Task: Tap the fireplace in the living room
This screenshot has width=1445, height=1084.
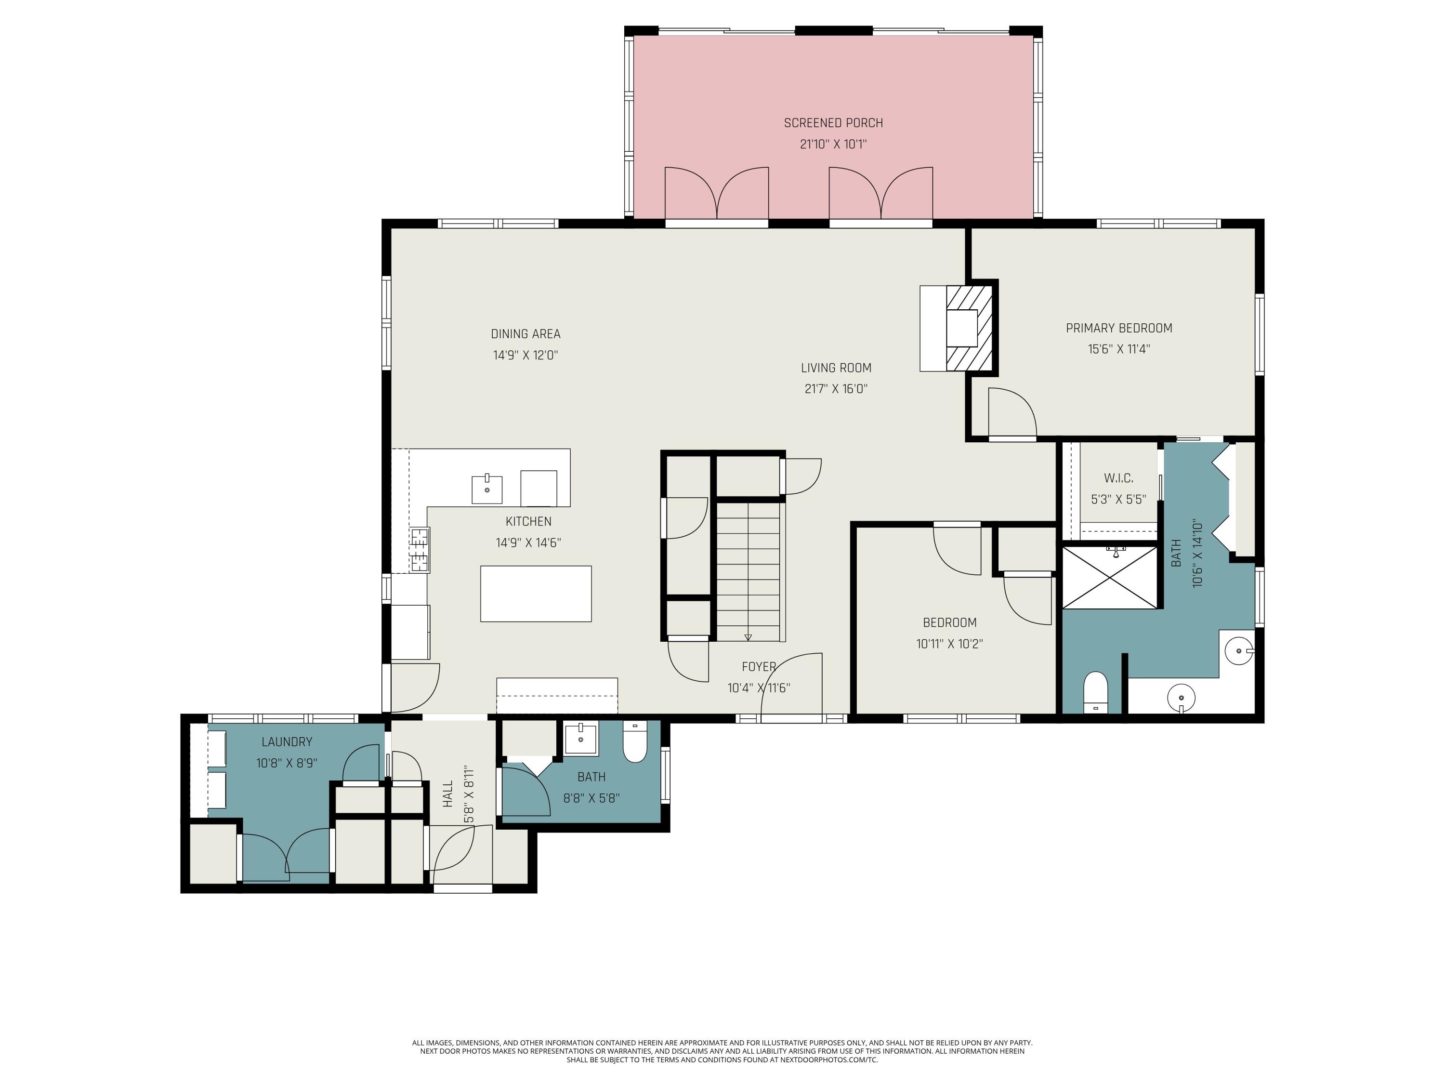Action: (x=962, y=328)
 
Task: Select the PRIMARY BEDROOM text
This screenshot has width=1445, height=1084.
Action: (x=1119, y=328)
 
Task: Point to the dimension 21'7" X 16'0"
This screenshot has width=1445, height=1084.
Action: (x=836, y=389)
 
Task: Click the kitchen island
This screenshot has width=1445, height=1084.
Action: (x=536, y=594)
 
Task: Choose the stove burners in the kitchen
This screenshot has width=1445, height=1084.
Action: (x=420, y=550)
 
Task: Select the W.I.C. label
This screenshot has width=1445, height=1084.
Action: (x=1118, y=478)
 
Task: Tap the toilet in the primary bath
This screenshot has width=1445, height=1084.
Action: (x=1095, y=691)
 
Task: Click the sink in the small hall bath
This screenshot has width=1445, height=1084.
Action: (x=580, y=739)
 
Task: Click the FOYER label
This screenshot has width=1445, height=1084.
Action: (x=759, y=666)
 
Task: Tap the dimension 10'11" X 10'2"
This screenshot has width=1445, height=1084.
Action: (x=949, y=644)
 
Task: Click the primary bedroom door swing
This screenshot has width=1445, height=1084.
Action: (x=1012, y=411)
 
